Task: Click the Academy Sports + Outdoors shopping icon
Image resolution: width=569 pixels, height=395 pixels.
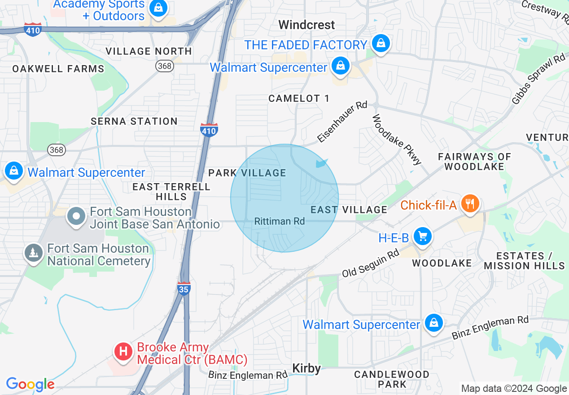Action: [158, 8]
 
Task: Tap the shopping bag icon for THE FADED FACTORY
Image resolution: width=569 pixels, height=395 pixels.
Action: [381, 44]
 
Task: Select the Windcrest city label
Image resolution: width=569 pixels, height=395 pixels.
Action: [306, 25]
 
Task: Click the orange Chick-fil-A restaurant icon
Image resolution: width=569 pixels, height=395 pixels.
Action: [470, 204]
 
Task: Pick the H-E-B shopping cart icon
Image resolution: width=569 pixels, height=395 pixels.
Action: [422, 236]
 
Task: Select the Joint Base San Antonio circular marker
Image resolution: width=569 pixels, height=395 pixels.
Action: [76, 217]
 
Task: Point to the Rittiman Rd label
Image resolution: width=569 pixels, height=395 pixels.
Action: [279, 221]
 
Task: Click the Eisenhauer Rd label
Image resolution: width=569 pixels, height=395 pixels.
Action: [342, 122]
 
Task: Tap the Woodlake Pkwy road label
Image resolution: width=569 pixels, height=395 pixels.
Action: [397, 139]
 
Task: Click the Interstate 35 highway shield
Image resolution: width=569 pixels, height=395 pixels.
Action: [184, 288]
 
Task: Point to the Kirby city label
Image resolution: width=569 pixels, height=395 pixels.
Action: [306, 369]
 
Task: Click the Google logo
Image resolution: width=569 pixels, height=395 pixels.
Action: [30, 384]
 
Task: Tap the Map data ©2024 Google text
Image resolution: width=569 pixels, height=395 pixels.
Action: [514, 389]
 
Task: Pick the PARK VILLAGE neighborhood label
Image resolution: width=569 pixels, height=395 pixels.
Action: [247, 173]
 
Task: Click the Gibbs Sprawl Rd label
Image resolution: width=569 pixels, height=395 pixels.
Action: [539, 79]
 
